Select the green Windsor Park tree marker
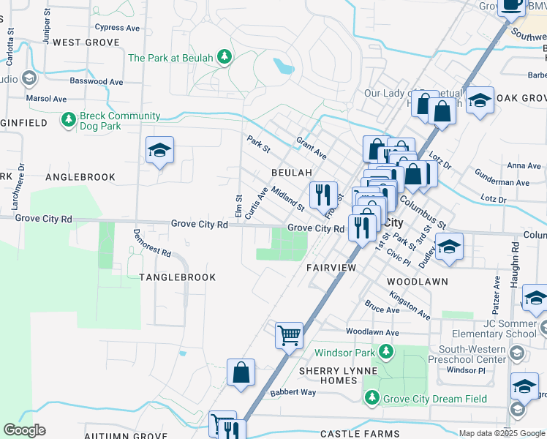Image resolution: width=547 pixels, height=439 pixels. point(385,353)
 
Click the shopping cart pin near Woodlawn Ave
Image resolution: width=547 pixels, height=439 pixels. point(289,336)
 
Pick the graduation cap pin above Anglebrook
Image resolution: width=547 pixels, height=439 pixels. point(159,151)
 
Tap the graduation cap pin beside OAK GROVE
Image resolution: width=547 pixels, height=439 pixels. point(480,100)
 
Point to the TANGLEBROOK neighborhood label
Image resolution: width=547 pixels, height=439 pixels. point(178,277)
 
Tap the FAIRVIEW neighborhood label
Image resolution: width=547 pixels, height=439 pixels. point(331,268)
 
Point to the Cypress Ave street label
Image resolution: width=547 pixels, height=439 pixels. point(117,27)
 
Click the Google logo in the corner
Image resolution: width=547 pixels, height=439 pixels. point(24,430)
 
